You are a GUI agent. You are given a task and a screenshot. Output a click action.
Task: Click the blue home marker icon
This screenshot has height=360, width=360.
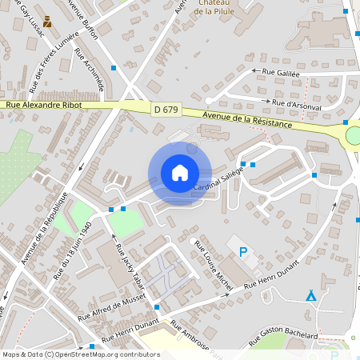180,172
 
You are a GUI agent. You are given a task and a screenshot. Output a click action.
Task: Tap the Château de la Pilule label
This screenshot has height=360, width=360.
191,8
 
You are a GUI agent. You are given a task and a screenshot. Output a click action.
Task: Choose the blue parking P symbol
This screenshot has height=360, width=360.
243,253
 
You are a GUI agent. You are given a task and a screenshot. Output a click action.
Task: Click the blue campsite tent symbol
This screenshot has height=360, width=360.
311,296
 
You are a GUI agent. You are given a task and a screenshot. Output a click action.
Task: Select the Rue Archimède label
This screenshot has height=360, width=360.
89,68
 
